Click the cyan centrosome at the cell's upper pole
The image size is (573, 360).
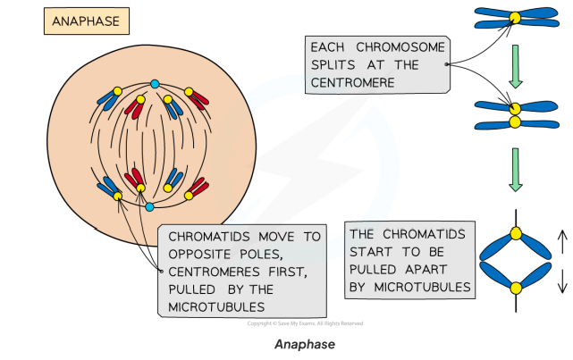pos(155,84)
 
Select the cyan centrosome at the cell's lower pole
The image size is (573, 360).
pos(150,206)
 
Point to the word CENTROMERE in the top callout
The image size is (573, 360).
pos(356,83)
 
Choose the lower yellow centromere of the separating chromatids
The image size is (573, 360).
pos(516,288)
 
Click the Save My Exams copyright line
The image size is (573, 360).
pos(305,323)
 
